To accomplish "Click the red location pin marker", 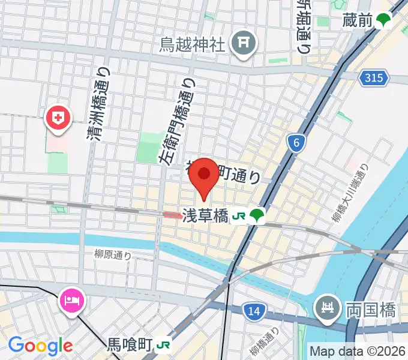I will coord(204,175).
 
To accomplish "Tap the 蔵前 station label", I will coord(358,21).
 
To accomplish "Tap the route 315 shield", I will coord(375,77).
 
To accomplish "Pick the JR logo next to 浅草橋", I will coord(239,215).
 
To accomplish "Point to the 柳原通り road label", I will coord(113,255).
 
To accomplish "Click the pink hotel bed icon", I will coord(73,298).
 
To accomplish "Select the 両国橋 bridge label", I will coord(370,310).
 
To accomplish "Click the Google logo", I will coord(40,345).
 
